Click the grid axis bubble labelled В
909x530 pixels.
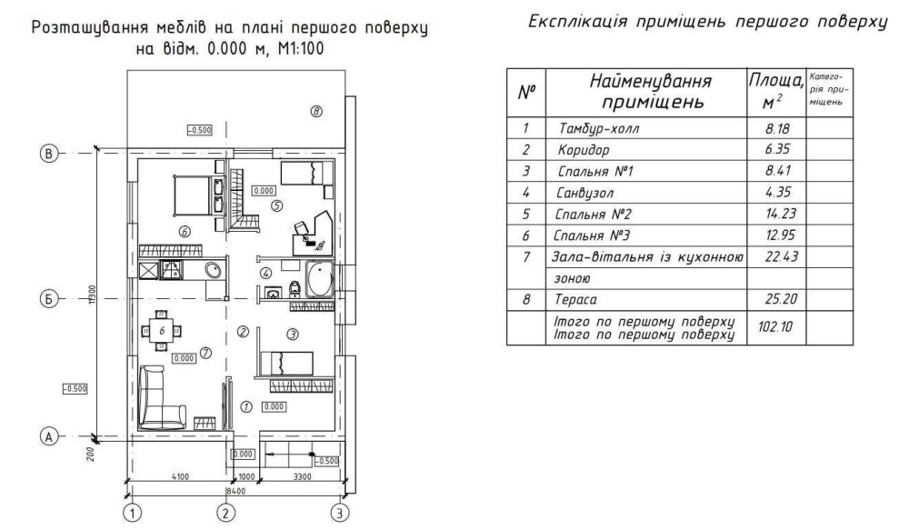point(48,154)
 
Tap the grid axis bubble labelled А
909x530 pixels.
point(48,436)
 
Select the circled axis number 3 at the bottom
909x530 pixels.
point(339,514)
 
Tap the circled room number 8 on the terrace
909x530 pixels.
point(316,112)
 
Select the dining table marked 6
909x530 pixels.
point(161,331)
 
